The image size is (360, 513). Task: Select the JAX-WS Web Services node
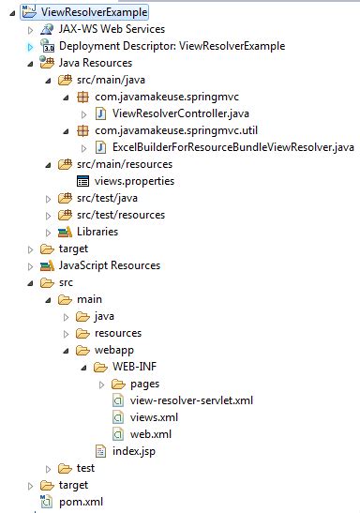[103, 29]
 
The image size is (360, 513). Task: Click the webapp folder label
[115, 350]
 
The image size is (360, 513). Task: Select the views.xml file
[153, 417]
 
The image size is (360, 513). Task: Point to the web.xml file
[151, 434]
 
